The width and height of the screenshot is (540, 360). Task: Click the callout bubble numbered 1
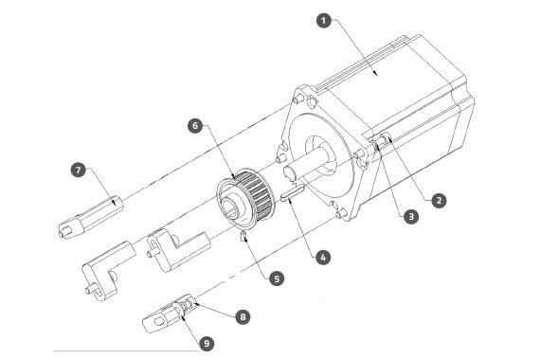pyautogui.click(x=323, y=21)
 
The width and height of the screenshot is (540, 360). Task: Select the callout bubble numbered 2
pyautogui.click(x=439, y=201)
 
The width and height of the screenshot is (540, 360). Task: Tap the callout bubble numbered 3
pyautogui.click(x=411, y=217)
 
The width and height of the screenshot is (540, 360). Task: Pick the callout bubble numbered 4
pyautogui.click(x=323, y=258)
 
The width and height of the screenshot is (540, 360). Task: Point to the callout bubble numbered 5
pyautogui.click(x=277, y=279)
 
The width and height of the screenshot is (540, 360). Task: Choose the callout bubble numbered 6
pyautogui.click(x=195, y=126)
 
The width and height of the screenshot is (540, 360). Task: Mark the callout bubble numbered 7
pyautogui.click(x=79, y=171)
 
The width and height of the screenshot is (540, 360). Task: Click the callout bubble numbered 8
pyautogui.click(x=243, y=317)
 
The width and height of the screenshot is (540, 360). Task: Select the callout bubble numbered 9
pyautogui.click(x=207, y=344)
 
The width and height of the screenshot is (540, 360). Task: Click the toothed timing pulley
pyautogui.click(x=246, y=199)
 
